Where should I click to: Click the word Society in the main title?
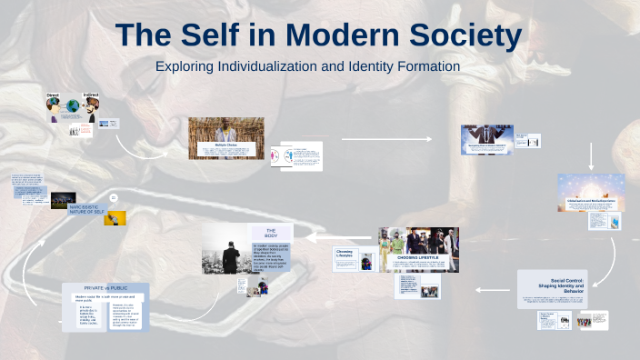pos(457,35)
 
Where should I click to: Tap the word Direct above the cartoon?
pos(52,94)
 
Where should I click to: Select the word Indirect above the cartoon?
pos(91,94)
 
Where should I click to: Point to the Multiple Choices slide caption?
pos(226,145)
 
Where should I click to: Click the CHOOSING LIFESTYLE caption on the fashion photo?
pos(417,257)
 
